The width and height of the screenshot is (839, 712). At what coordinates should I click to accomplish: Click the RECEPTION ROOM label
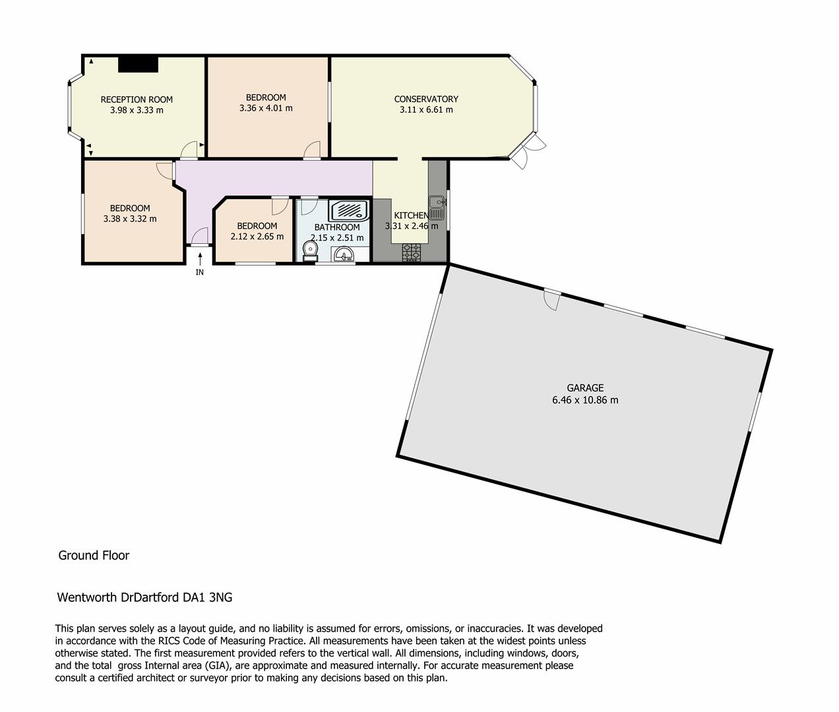point(137,100)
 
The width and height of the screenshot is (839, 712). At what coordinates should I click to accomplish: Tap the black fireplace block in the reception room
point(139,64)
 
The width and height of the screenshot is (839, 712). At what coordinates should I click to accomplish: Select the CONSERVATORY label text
point(426,99)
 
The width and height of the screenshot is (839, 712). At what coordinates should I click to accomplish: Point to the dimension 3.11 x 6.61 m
point(426,110)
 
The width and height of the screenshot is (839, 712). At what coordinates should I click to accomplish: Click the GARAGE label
point(585,388)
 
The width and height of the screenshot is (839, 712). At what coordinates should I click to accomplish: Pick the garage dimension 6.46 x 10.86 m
point(585,400)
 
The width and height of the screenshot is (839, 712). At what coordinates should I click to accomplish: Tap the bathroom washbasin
point(344,254)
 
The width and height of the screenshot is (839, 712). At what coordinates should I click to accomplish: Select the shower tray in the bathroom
point(349,211)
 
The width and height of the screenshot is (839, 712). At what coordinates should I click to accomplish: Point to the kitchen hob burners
point(412,252)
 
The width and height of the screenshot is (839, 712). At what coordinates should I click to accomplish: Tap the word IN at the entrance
point(200,272)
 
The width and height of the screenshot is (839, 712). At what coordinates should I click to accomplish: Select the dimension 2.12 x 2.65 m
point(257,237)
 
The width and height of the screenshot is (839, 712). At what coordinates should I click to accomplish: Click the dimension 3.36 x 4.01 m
point(266,108)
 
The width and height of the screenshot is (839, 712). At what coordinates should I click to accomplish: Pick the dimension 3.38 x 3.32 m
point(130,219)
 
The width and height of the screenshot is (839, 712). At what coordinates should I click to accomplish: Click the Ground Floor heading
point(94,555)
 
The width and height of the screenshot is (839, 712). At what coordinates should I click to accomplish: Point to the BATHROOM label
point(337,227)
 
